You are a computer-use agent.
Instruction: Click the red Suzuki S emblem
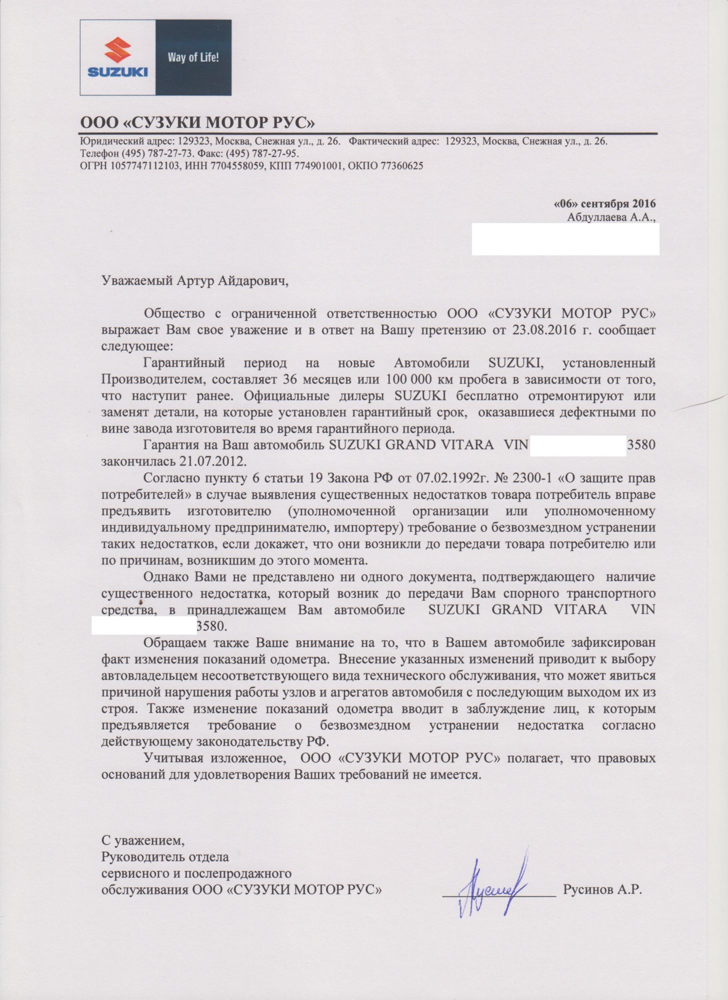click(117, 50)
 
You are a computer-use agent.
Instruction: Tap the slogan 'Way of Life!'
click(193, 57)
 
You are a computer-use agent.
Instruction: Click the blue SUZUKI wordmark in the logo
click(117, 72)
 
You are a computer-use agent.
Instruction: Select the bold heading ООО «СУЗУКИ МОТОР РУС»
click(198, 122)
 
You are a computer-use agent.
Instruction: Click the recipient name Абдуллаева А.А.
click(610, 217)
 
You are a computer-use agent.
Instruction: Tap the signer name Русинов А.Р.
click(602, 889)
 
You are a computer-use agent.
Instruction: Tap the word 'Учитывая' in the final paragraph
click(173, 758)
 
